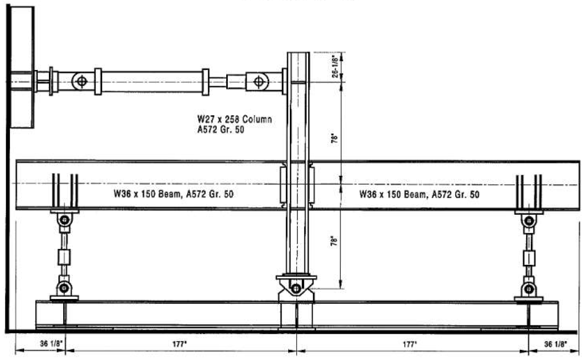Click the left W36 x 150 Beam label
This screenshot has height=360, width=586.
(174, 194)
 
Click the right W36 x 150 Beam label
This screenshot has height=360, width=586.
(419, 194)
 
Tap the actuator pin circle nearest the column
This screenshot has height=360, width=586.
(258, 82)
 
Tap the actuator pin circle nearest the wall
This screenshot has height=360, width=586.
(80, 82)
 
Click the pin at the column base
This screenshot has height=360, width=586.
(296, 288)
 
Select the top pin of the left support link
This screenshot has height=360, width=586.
(64, 220)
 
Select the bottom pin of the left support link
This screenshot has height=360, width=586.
(64, 287)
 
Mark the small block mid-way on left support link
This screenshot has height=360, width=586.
(64, 257)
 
